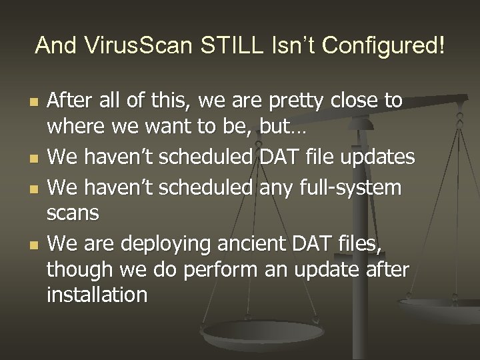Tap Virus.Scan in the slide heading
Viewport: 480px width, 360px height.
(134, 46)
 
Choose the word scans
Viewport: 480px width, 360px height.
(73, 213)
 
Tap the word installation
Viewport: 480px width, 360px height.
(97, 295)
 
